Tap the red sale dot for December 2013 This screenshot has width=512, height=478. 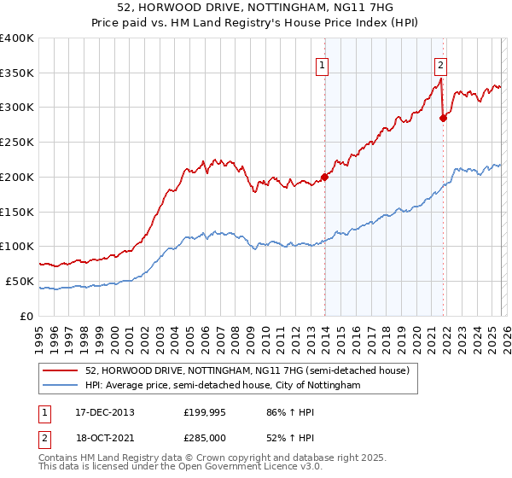[324, 178]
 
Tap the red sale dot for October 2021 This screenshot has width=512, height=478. [443, 118]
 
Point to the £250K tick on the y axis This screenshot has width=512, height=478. [17, 143]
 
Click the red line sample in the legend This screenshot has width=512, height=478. [61, 371]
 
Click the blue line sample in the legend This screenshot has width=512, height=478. [61, 386]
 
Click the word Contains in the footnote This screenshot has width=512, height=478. [60, 459]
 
